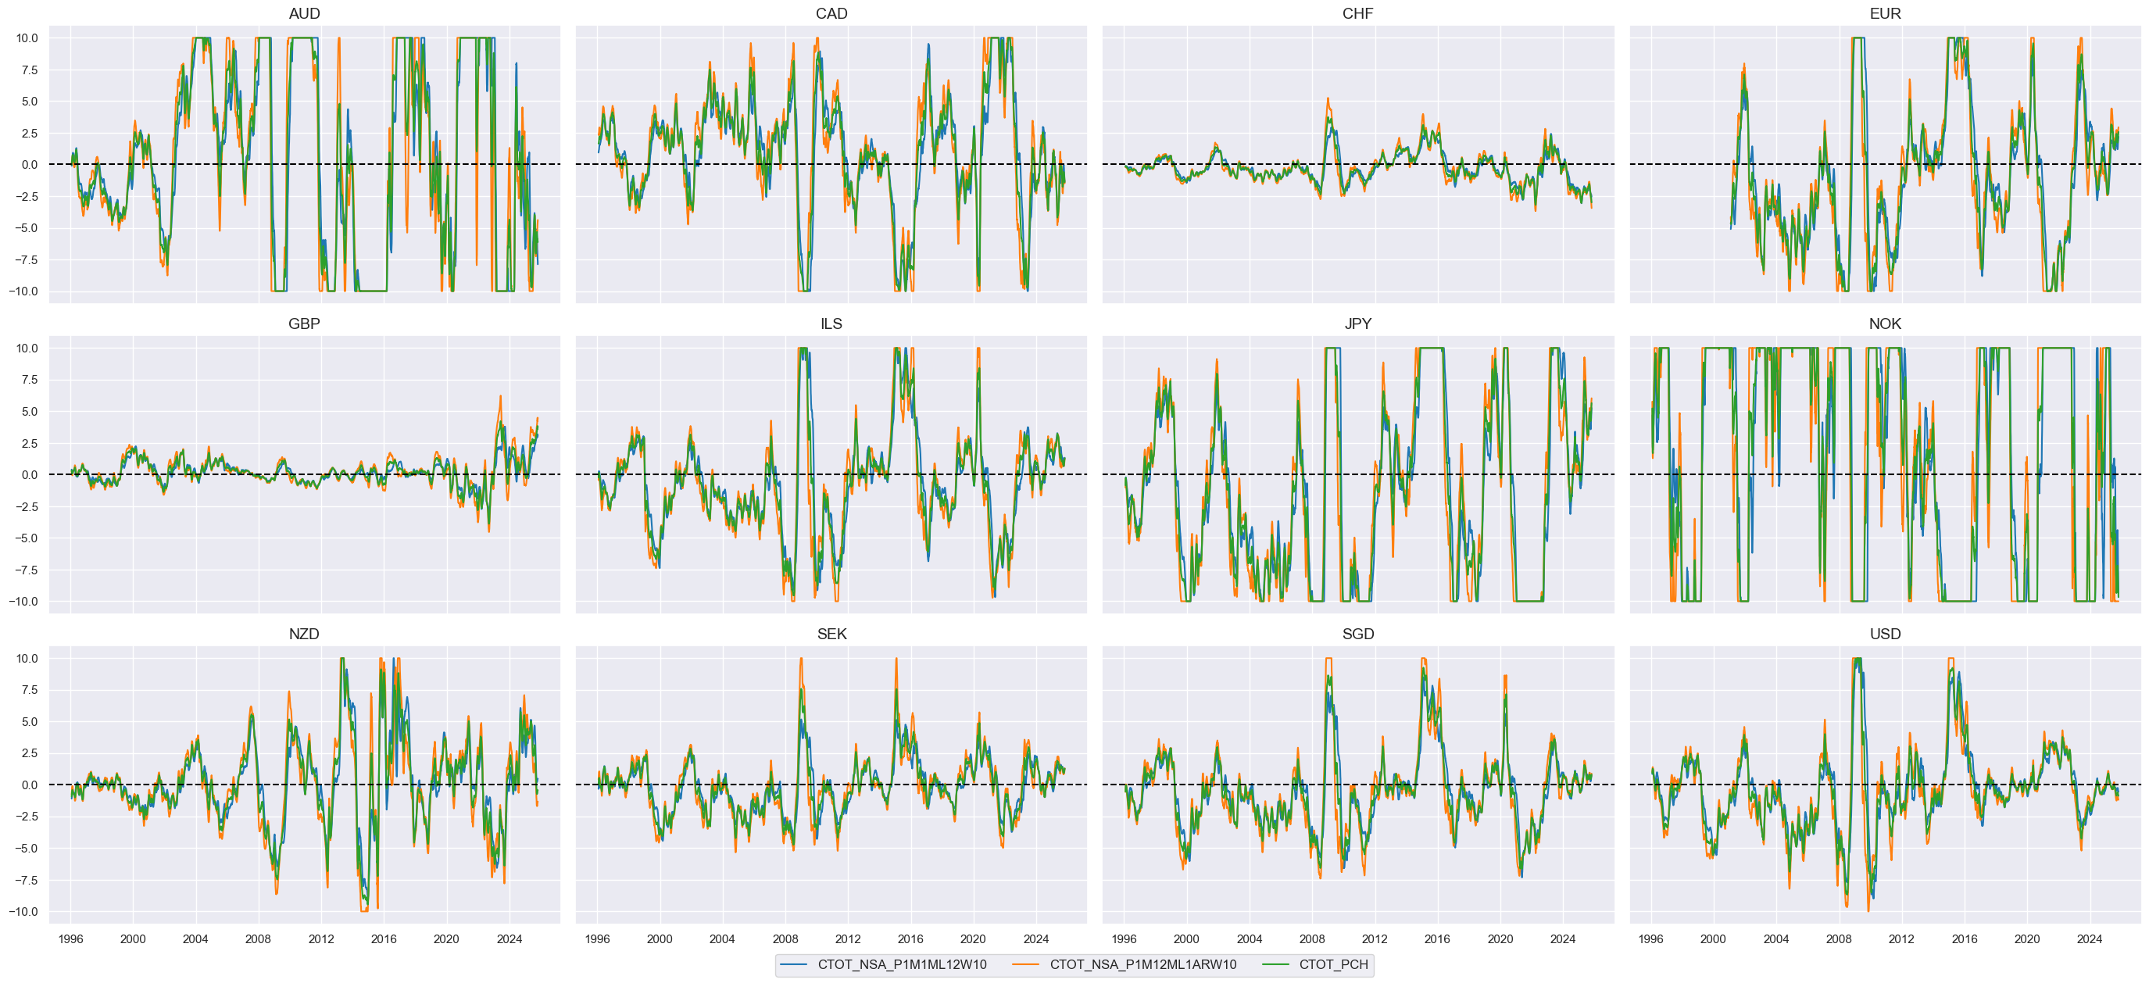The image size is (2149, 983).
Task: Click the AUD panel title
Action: click(304, 13)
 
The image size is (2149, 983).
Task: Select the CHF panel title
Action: click(1357, 13)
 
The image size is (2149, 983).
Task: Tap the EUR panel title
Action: click(1885, 13)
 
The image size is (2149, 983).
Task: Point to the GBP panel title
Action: click(304, 323)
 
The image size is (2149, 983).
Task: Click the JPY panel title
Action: click(1357, 323)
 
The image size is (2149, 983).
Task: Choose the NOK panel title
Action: click(1885, 323)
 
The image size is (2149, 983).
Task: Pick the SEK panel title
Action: click(831, 634)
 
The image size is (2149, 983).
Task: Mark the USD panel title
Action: click(1885, 634)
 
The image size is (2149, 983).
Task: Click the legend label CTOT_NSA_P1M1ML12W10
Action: click(902, 965)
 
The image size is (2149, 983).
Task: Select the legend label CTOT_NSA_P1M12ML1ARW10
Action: click(1143, 965)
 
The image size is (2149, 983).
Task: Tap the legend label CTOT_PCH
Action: click(1333, 965)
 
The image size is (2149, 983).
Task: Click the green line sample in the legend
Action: click(1275, 965)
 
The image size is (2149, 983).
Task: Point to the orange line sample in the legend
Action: click(1026, 965)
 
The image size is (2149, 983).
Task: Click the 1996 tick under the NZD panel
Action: click(70, 938)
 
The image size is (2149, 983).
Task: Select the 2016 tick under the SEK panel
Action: click(910, 938)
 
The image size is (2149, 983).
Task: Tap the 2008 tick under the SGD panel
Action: click(1311, 938)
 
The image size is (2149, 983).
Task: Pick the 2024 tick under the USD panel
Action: click(2089, 938)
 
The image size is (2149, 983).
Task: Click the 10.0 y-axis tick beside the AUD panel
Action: click(27, 38)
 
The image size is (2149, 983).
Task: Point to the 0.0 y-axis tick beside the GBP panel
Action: click(29, 475)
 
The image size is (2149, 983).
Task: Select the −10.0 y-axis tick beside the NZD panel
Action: click(23, 912)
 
